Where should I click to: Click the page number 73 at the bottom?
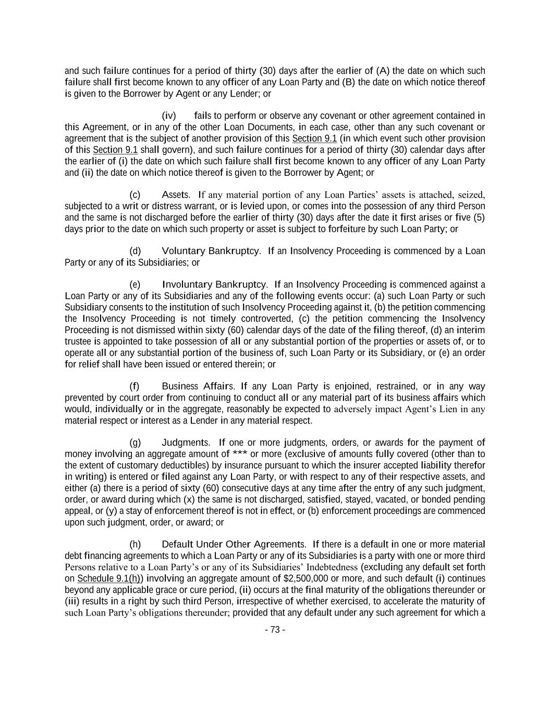[x=275, y=630]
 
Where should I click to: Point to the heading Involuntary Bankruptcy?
[x=215, y=284]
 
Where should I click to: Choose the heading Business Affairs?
[x=198, y=387]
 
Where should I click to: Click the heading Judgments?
[x=186, y=443]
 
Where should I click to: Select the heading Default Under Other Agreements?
[x=234, y=545]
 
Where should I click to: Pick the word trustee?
[x=78, y=342]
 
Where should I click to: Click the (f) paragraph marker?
[x=135, y=387]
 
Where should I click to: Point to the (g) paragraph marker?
[x=135, y=443]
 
